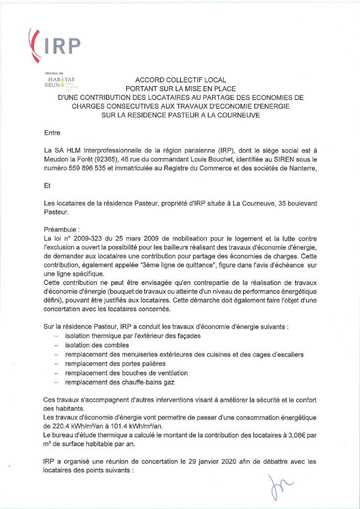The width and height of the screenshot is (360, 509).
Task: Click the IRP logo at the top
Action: point(55,43)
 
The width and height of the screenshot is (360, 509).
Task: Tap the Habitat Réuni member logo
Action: point(59,82)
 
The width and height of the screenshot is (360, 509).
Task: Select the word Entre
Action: point(52,133)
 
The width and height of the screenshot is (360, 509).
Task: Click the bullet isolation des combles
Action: point(97,345)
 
